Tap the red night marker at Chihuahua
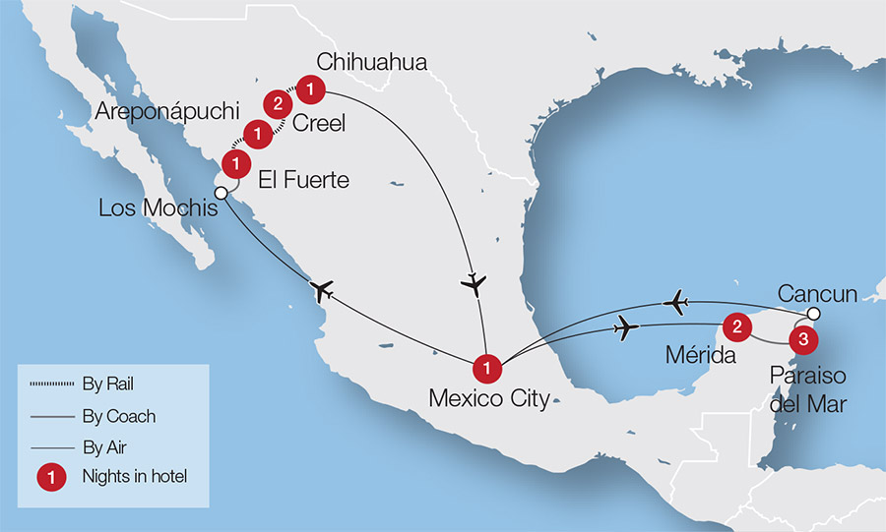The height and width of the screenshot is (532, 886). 310,89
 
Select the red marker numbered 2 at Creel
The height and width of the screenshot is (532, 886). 279,103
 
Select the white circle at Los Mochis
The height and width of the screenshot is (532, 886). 222,193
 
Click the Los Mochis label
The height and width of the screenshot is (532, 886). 155,208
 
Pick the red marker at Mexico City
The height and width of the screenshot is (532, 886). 487,369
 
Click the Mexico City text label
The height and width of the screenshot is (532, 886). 489,399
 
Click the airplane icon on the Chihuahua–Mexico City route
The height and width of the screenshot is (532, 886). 475,284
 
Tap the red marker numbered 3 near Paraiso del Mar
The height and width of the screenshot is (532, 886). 802,339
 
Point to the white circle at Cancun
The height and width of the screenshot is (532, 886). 812,314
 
